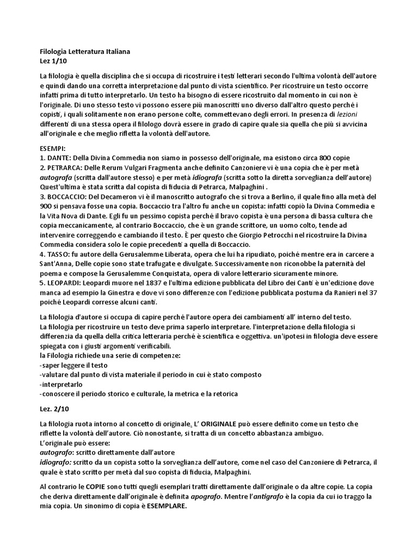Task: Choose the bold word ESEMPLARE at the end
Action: coord(161,505)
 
